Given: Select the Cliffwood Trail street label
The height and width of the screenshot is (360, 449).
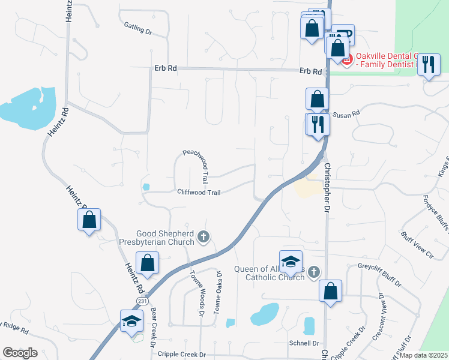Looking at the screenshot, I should click(199, 192).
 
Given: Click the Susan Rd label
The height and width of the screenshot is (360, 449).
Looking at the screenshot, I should click(346, 113).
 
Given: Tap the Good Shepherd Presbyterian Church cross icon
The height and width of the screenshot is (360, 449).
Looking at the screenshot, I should click(203, 237).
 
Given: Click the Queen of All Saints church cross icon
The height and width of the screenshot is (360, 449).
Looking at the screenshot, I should click(313, 273).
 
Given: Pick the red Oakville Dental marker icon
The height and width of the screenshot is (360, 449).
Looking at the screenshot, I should click(346, 59).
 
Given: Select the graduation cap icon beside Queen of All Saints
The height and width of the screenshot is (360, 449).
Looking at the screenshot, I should click(291, 260).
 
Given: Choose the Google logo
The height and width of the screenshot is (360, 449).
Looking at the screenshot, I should click(20, 353).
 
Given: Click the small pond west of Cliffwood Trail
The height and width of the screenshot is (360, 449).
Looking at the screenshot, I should click(146, 187).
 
